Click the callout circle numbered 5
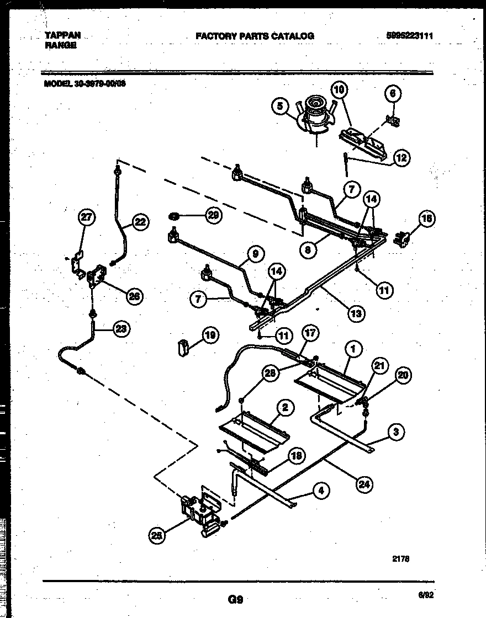coord(280,105)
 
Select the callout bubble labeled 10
coord(340,88)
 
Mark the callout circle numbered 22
coord(141,222)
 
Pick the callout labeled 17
coord(311,333)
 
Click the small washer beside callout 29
coord(173,215)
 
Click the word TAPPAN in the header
coord(62,35)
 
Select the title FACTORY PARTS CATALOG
coord(255,36)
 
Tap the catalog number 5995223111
coord(409,36)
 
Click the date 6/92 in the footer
coord(425,595)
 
